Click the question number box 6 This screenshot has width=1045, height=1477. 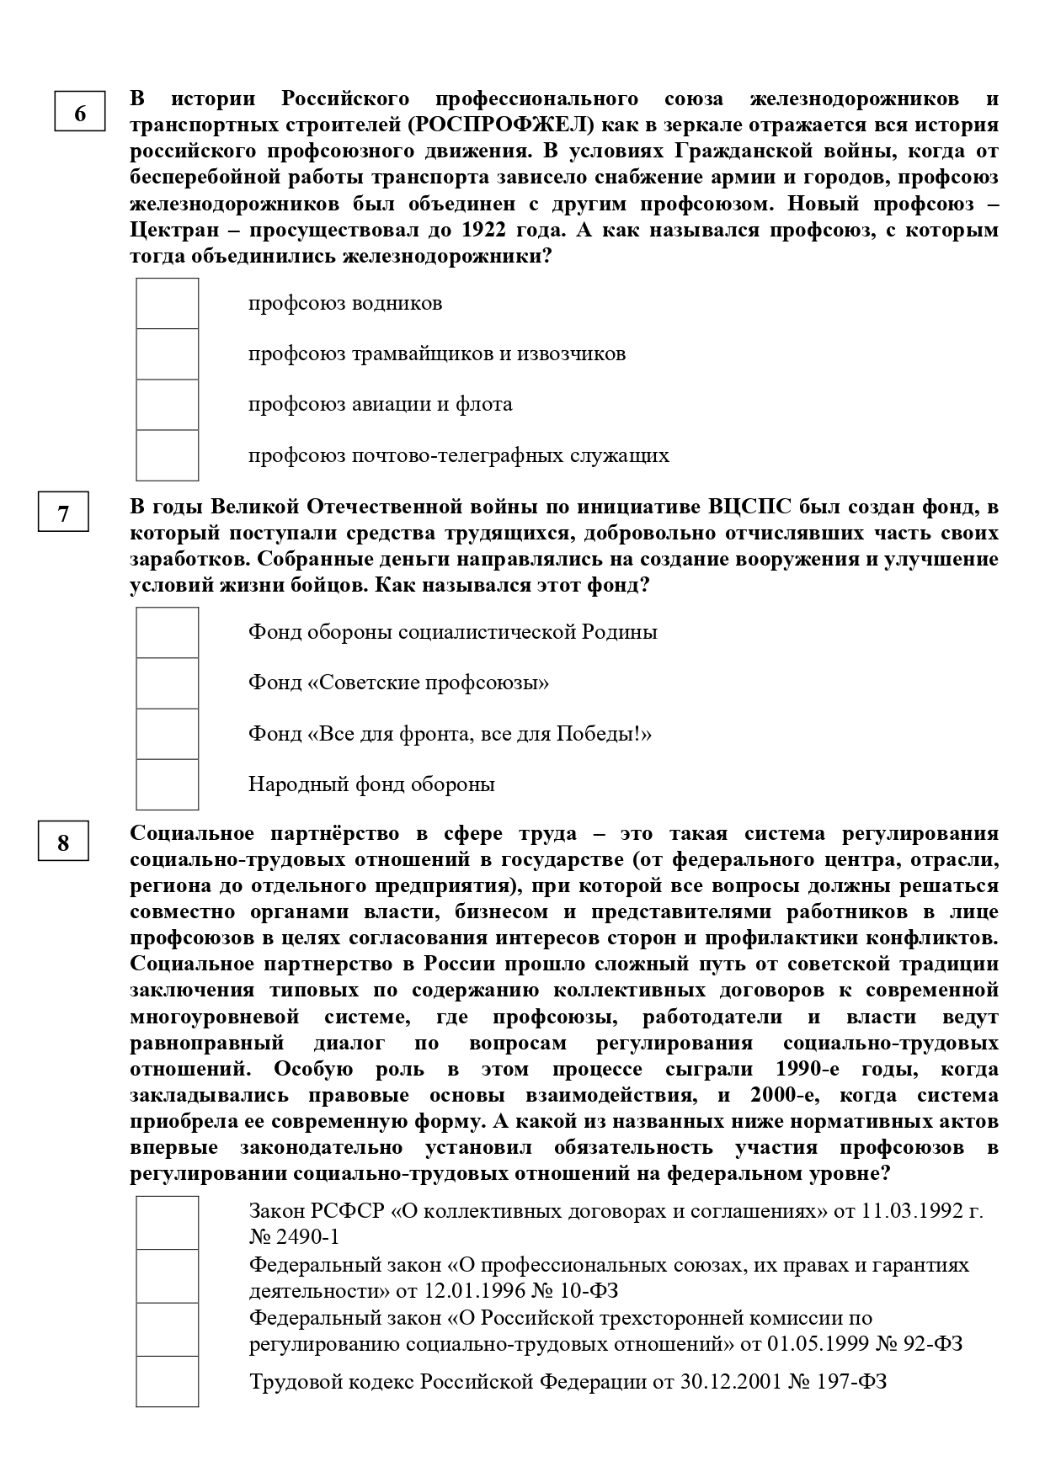(x=80, y=112)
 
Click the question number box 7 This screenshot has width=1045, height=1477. (x=63, y=513)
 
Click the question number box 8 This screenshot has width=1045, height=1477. (x=63, y=842)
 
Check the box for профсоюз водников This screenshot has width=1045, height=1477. (x=168, y=304)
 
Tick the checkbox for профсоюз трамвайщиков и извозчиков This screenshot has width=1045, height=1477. (x=168, y=354)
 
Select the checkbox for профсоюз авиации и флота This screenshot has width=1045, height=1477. (x=168, y=405)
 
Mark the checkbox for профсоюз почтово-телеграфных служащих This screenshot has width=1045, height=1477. (x=168, y=455)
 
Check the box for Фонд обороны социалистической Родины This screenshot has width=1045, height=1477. (x=168, y=633)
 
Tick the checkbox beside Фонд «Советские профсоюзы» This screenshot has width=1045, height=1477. (x=168, y=683)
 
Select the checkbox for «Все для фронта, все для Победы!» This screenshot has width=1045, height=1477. (x=168, y=734)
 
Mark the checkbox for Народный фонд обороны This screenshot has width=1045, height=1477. (x=168, y=784)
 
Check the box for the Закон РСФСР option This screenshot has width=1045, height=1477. (x=168, y=1223)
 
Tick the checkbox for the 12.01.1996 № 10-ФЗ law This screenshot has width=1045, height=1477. (x=168, y=1276)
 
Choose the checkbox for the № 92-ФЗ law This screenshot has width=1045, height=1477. (x=168, y=1330)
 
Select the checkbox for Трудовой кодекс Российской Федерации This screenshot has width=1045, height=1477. (x=168, y=1381)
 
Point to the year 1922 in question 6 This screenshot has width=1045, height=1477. (x=487, y=230)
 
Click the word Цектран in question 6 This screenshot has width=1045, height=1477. (x=172, y=230)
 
